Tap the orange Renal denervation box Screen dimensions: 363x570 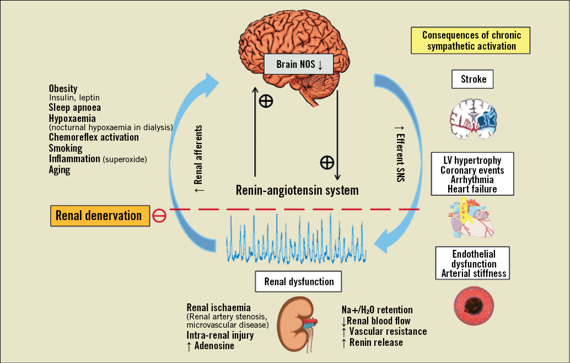tap(99, 215)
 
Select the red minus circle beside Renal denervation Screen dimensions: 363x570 tap(159, 216)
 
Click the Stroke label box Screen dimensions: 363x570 tap(473, 79)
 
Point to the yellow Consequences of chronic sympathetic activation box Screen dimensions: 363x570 tap(470, 41)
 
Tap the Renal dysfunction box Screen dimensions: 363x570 tap(299, 281)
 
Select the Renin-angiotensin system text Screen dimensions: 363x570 tap(297, 191)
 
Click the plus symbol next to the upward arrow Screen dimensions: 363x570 tap(266, 101)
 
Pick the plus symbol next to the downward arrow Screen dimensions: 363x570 tap(327, 162)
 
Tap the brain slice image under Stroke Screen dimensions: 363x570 tap(472, 117)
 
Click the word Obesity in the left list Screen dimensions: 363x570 tap(63, 89)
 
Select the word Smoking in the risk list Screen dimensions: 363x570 tap(65, 148)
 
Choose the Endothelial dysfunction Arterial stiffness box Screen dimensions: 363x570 tap(473, 264)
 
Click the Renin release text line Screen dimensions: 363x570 tap(372, 343)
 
